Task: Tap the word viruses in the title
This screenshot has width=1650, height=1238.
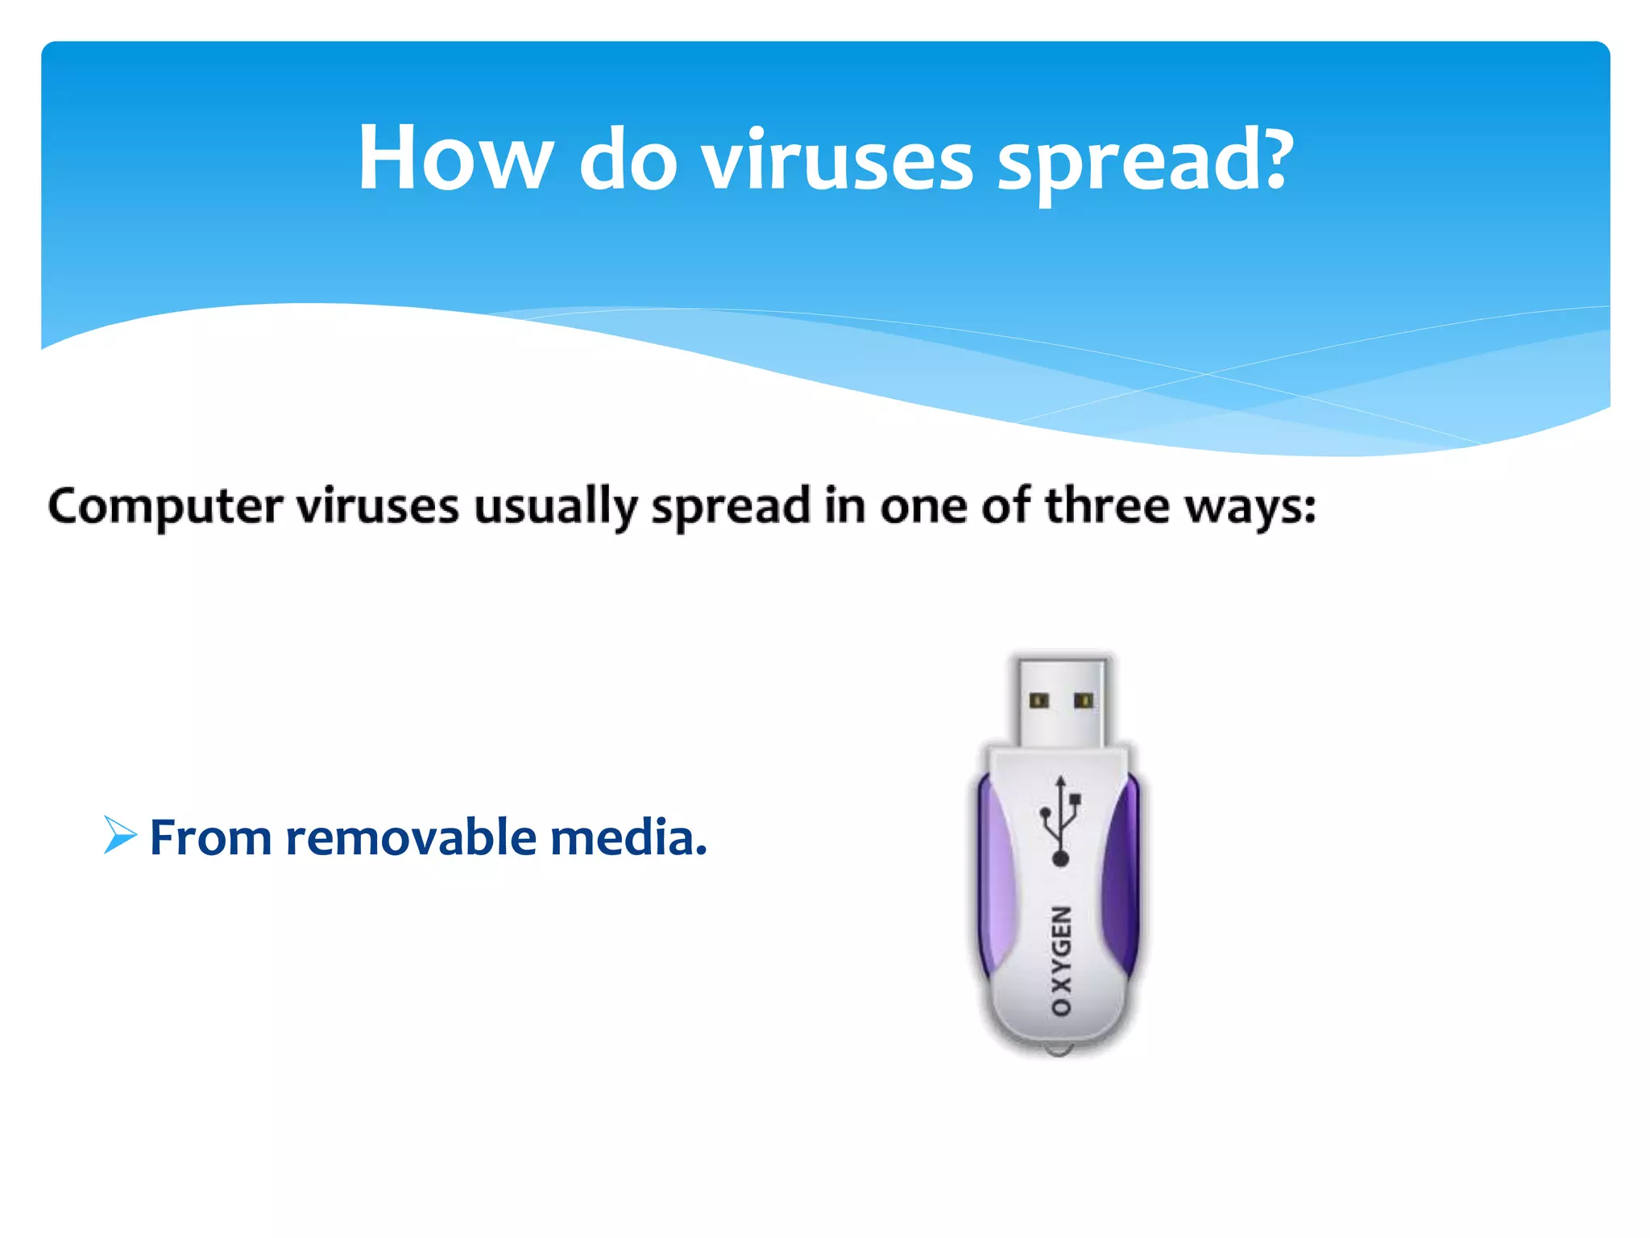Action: click(837, 161)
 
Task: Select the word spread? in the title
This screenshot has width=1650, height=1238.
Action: click(1145, 161)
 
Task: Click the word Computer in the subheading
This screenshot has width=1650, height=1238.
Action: click(165, 507)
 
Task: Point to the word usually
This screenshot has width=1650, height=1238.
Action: click(556, 508)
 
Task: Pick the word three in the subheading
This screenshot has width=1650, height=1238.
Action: click(1106, 505)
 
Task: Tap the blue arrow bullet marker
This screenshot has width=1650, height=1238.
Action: click(120, 835)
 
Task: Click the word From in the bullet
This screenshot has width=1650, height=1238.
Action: click(210, 837)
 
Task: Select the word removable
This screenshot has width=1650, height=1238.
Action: click(412, 837)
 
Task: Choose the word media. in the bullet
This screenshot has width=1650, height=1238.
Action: click(628, 837)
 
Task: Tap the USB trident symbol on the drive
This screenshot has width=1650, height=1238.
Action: click(1060, 822)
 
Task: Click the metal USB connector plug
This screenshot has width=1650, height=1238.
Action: click(1060, 700)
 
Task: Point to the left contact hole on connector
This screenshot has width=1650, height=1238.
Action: click(1039, 700)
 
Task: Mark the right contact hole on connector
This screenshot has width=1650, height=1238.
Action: click(1083, 700)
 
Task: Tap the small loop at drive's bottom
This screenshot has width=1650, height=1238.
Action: click(1059, 1050)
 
